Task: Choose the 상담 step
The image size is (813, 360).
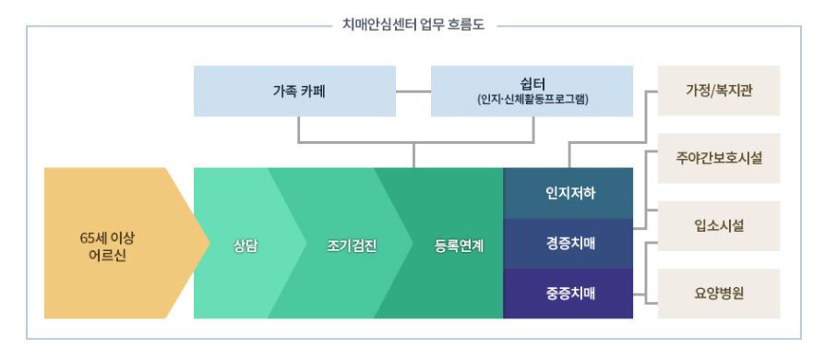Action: coord(245,246)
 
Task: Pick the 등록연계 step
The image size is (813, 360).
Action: coord(459,246)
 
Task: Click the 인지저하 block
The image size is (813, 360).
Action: coord(568,193)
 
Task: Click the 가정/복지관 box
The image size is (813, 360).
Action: coord(719,91)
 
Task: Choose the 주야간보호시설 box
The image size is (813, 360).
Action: coord(719,158)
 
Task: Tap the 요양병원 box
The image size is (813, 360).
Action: coord(719,294)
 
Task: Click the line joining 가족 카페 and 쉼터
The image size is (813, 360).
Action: coord(412,91)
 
